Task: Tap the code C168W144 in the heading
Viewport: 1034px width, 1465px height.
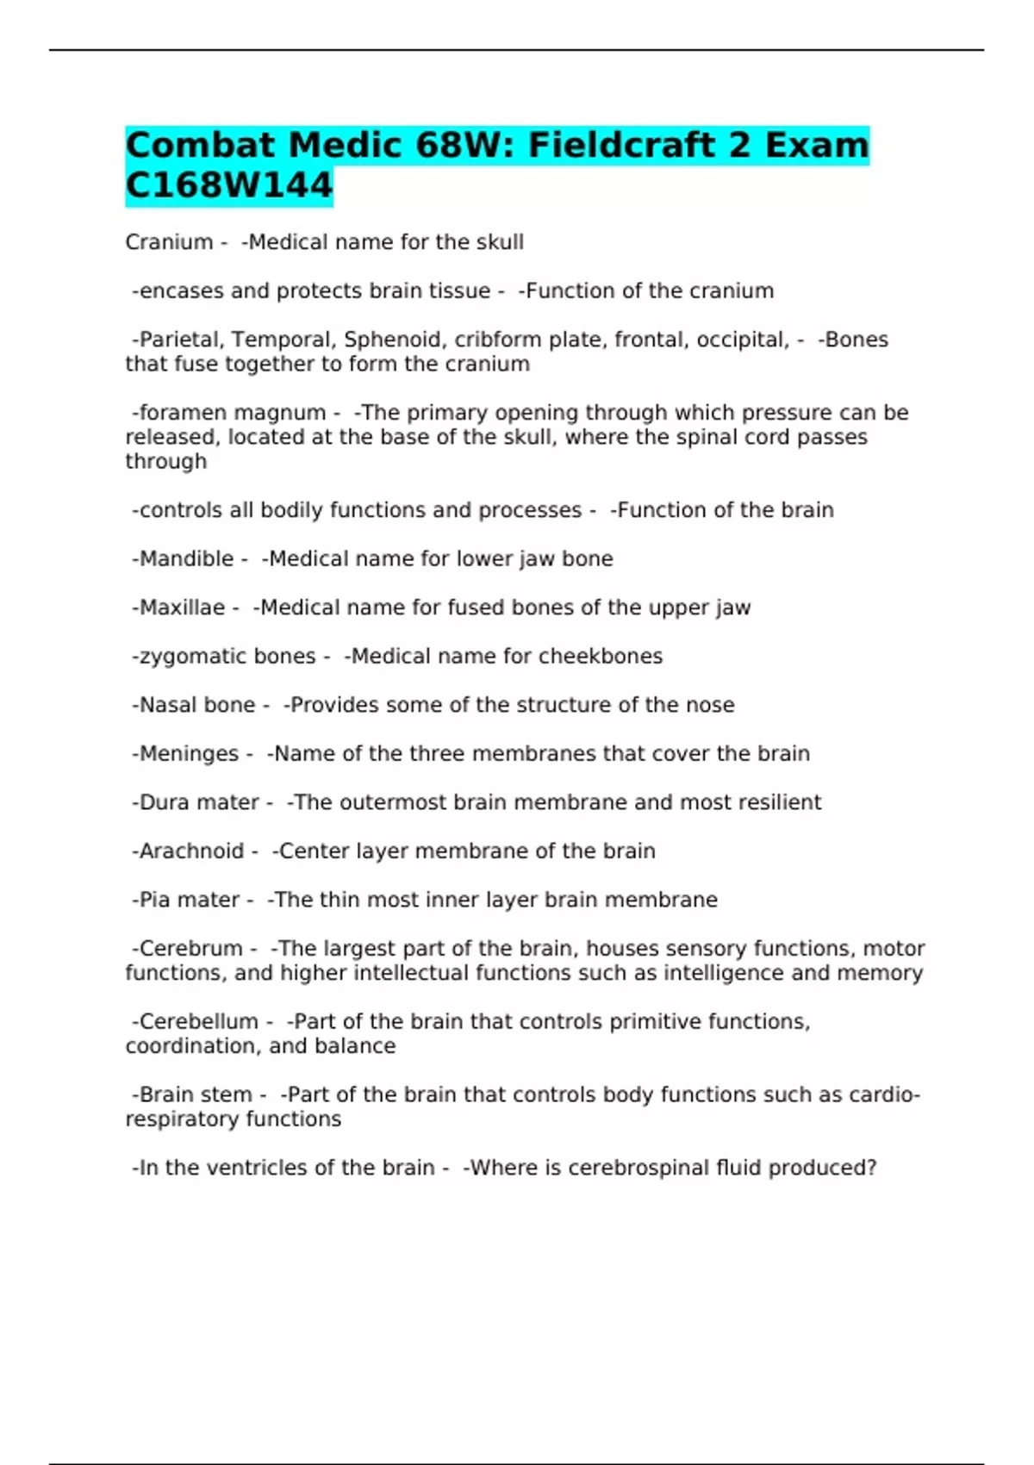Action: point(228,185)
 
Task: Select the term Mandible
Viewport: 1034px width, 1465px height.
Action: point(186,558)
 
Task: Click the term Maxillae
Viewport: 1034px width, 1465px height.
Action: point(182,608)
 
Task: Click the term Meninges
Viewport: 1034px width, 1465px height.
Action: point(189,753)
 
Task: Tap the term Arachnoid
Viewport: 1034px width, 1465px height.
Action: point(191,851)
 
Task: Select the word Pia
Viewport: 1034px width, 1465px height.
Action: point(155,900)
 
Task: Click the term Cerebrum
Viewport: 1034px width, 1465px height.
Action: point(190,949)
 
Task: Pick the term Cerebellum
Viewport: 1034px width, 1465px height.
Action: point(198,1021)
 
